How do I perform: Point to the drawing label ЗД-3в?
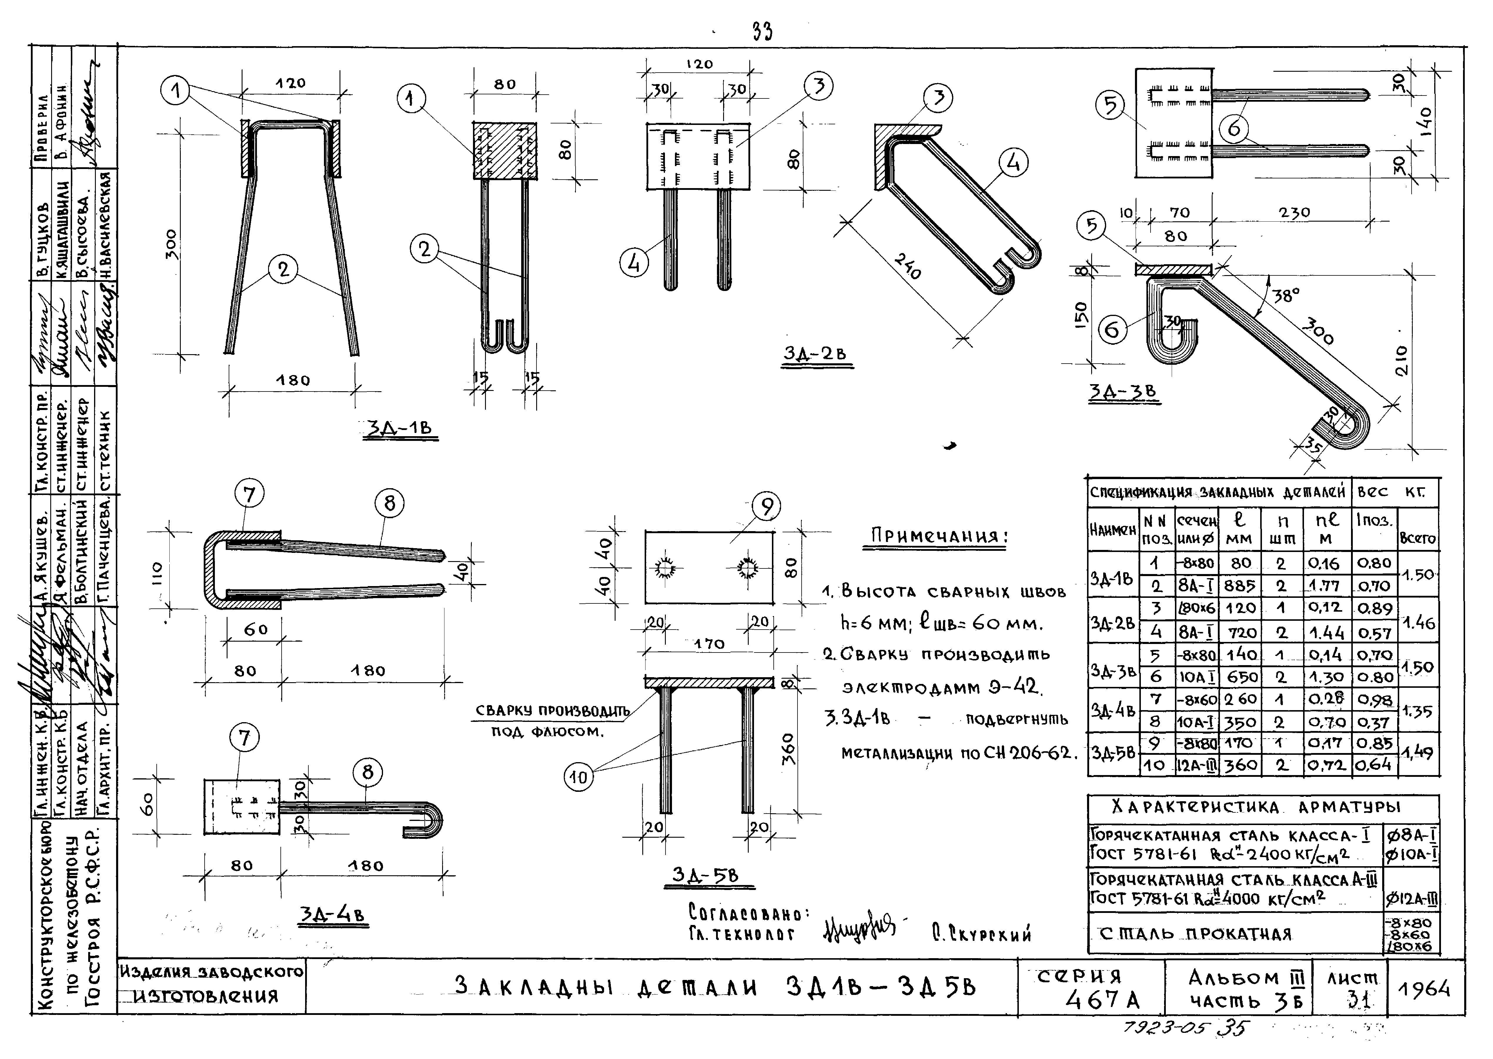tap(1123, 392)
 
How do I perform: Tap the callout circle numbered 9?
tap(766, 507)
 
